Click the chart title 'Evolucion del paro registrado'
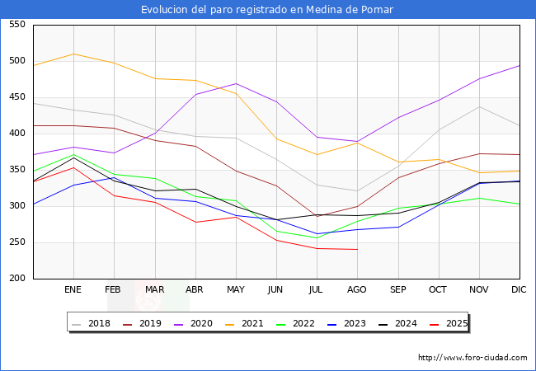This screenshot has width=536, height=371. point(267,10)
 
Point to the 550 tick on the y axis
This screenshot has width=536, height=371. point(16,25)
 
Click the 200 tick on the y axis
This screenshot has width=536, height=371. point(16,279)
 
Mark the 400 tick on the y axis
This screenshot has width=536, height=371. point(16,134)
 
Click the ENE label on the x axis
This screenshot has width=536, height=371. point(73,290)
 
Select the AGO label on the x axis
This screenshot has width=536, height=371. point(357,290)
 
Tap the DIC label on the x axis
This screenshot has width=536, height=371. point(519,290)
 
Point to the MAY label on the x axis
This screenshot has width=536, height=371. point(236,290)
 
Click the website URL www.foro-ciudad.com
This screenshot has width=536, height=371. point(473,358)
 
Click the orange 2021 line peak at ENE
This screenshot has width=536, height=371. point(73,54)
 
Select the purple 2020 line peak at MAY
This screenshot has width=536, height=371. point(236,83)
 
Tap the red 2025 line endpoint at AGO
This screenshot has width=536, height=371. point(357,249)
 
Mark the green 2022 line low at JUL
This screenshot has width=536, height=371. point(317,238)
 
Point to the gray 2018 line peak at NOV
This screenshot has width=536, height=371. point(479,106)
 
